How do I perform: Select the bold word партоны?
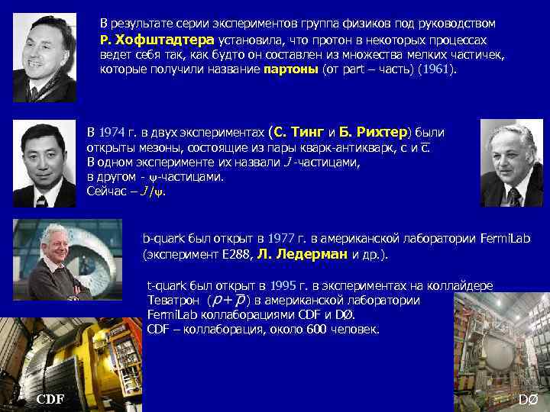290,69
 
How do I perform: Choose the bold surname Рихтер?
379,131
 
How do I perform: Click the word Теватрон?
173,300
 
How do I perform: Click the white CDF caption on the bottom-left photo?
50,400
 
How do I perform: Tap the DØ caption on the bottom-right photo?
528,400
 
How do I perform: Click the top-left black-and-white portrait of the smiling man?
45,58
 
